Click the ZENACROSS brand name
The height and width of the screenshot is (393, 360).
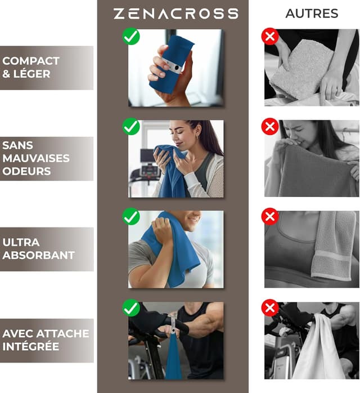pos(176,14)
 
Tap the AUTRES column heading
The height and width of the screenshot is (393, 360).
pos(312,14)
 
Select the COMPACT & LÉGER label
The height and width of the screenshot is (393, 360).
pos(31,67)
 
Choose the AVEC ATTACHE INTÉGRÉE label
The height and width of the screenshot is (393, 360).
pos(46,340)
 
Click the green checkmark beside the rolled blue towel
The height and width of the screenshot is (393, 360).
pos(131,37)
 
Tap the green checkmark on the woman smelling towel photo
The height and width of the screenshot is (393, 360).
pos(131,127)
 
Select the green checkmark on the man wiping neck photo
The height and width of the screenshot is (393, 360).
pos(131,217)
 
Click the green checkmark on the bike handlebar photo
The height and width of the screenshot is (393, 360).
pos(131,308)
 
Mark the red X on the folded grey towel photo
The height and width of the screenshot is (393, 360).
pos(270,37)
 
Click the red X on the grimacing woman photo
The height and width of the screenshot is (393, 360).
pos(270,127)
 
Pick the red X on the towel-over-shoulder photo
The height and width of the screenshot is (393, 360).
pos(270,217)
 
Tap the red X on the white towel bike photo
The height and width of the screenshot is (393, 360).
pos(270,308)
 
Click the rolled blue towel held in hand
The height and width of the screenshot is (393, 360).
pos(171,63)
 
